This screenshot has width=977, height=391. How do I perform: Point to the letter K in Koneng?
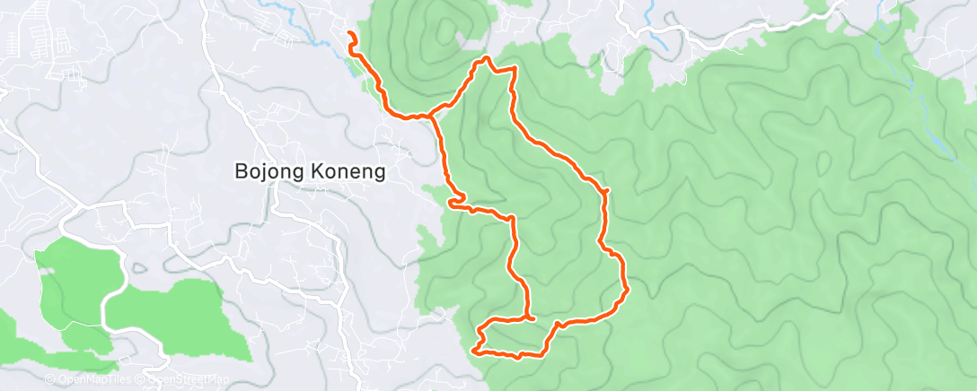315,171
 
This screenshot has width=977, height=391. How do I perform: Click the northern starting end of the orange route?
349,34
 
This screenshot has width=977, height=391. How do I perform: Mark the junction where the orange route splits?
435,115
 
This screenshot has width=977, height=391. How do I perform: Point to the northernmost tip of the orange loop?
487,58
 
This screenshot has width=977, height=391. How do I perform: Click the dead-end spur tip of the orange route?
534,317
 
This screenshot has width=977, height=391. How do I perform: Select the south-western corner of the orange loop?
475,349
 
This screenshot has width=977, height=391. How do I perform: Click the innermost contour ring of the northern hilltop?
443,30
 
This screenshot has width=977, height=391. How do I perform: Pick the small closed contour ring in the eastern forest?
821,162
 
